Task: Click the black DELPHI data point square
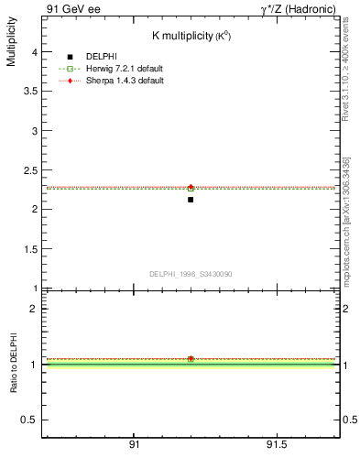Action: pyautogui.click(x=191, y=199)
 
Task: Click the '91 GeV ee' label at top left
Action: pyautogui.click(x=70, y=8)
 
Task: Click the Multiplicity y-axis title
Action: pyautogui.click(x=11, y=45)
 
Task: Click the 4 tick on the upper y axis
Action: pyautogui.click(x=35, y=53)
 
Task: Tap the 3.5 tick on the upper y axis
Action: pyautogui.click(x=31, y=92)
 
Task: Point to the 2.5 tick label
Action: pyautogui.click(x=31, y=170)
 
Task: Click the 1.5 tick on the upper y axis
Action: pyautogui.click(x=31, y=248)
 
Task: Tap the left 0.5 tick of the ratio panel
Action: pyautogui.click(x=31, y=420)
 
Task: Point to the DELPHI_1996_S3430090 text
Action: pyautogui.click(x=190, y=274)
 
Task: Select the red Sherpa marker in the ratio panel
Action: pyautogui.click(x=191, y=359)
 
